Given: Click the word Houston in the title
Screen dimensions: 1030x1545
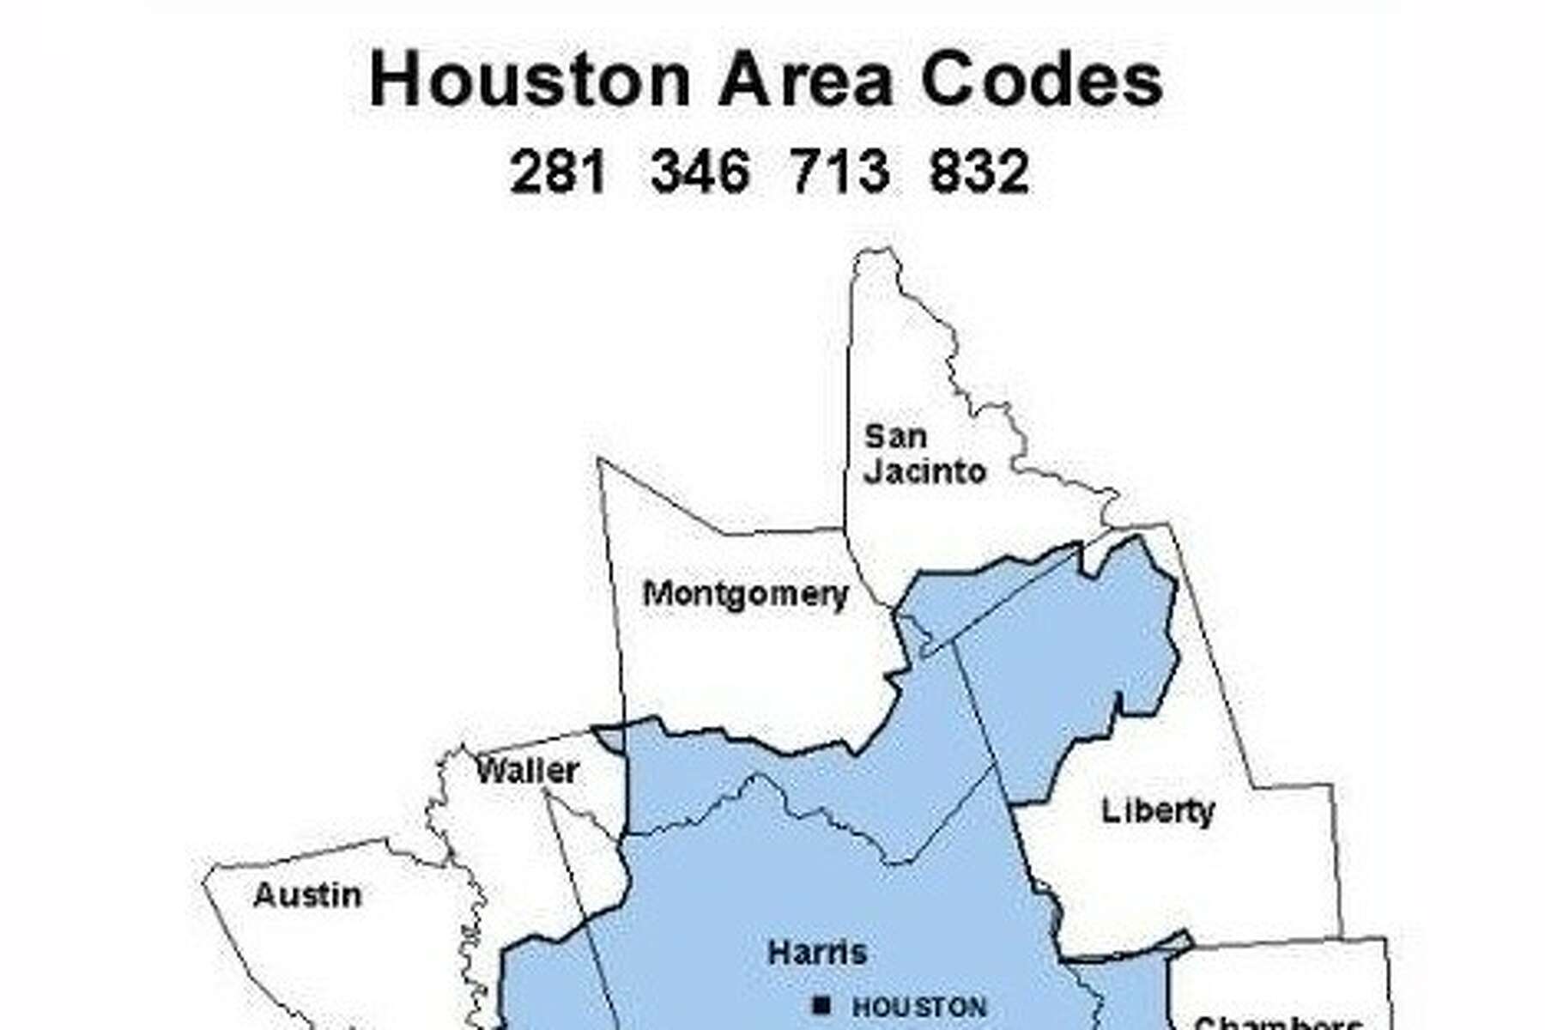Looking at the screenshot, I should pos(530,80).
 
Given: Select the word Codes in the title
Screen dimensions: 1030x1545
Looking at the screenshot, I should pos(1041,80).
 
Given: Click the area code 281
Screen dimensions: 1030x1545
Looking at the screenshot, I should pos(558,172).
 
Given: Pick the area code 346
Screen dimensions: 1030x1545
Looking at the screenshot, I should pos(700,172).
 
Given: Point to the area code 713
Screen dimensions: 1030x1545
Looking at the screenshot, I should pos(839,172).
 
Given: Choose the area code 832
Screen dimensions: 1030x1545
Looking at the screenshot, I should pos(978,172).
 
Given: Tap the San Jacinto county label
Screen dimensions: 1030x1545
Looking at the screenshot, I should pos(924,454).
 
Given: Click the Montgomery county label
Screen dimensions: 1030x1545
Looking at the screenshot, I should pos(745,594).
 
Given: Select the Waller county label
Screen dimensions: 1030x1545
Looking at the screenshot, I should pos(527,771).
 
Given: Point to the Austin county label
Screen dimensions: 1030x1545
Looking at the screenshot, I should pos(307,895).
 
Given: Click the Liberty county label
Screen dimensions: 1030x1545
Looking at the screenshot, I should pos(1158,811).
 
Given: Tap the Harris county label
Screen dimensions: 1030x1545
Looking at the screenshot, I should pos(817,952).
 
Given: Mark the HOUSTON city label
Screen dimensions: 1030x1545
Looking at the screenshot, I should pos(919,1007).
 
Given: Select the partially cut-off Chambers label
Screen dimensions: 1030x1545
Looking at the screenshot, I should pos(1277,1023).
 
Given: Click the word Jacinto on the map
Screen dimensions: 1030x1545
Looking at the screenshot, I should pos(924,472).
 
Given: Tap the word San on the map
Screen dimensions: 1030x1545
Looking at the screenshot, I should pos(895,436).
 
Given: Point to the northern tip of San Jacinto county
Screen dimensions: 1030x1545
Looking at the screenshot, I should pos(875,251).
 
